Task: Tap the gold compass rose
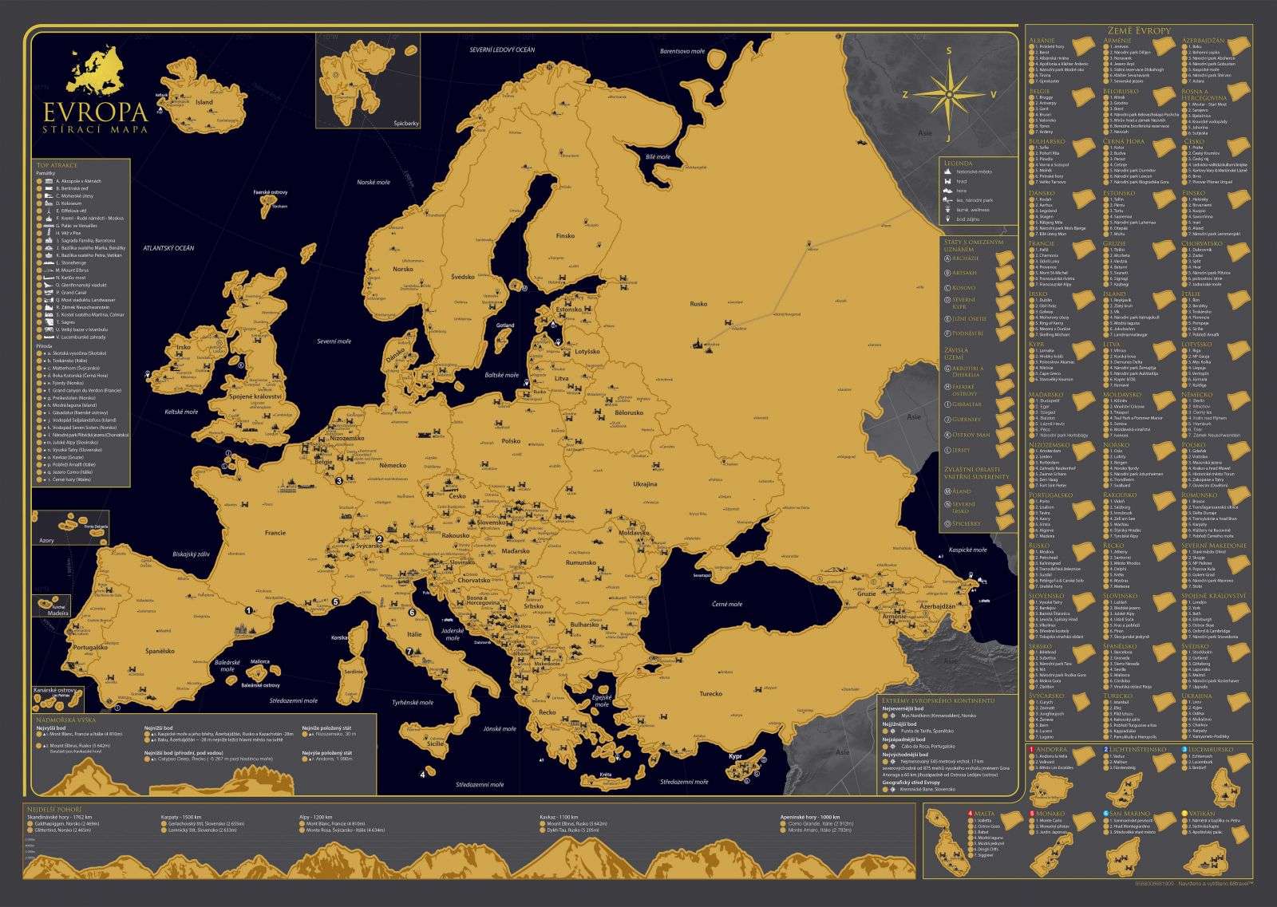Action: [x=948, y=93]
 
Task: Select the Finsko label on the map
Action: [x=565, y=236]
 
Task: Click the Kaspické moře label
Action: [x=967, y=550]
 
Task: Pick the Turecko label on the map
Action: [x=710, y=694]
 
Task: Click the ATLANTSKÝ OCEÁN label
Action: [x=169, y=248]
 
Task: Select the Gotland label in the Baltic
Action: [x=504, y=325]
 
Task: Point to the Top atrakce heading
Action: [x=54, y=165]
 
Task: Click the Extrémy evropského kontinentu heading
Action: [x=936, y=699]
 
